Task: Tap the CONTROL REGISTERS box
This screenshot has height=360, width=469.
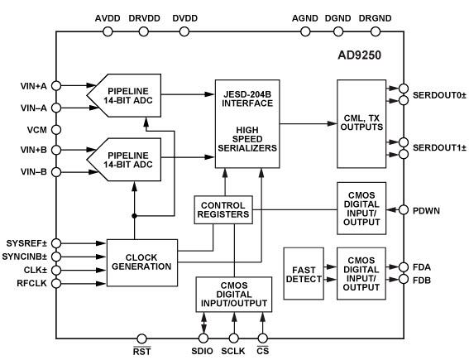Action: (x=224, y=209)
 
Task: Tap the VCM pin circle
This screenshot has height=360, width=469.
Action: (x=56, y=129)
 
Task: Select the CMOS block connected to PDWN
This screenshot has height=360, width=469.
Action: (x=361, y=204)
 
